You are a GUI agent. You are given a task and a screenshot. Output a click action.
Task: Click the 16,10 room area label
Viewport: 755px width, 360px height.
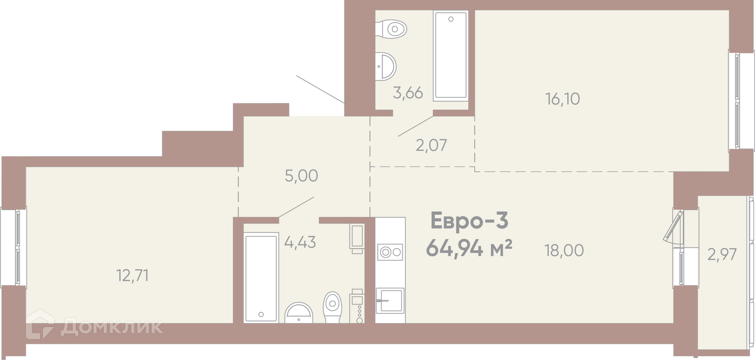[563, 99]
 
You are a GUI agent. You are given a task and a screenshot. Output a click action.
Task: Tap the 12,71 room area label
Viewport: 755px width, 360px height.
[133, 276]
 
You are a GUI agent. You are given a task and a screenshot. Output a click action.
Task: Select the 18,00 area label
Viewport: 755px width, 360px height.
[564, 250]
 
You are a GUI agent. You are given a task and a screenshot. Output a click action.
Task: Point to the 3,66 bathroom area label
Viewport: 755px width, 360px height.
[408, 93]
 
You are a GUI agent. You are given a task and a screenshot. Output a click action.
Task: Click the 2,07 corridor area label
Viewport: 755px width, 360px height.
[431, 145]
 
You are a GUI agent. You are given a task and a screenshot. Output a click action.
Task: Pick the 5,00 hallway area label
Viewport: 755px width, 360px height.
[302, 176]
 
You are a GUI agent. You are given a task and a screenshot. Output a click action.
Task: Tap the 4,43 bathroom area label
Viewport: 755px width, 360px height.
[300, 242]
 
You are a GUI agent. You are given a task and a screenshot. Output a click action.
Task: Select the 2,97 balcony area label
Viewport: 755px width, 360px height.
[722, 255]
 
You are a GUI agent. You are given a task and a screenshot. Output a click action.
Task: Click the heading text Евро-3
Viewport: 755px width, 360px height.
[470, 220]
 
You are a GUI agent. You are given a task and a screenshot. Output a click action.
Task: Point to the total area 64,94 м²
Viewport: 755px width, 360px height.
[469, 248]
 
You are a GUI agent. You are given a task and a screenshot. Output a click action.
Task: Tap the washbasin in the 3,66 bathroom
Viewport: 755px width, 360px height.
[385, 66]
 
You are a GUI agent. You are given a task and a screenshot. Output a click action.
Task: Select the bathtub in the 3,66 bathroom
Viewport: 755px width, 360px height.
[451, 56]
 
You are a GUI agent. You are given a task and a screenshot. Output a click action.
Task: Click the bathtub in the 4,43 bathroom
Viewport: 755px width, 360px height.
[261, 278]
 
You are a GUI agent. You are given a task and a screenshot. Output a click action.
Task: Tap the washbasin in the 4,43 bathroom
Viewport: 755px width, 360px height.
[299, 313]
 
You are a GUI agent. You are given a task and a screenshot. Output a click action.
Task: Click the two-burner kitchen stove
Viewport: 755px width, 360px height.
[390, 252]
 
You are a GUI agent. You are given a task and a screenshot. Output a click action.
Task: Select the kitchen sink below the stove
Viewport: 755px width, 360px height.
[390, 301]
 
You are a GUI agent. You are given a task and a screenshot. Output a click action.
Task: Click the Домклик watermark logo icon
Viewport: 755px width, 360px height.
[40, 325]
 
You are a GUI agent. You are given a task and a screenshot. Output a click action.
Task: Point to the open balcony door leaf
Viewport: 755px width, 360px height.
[673, 226]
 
